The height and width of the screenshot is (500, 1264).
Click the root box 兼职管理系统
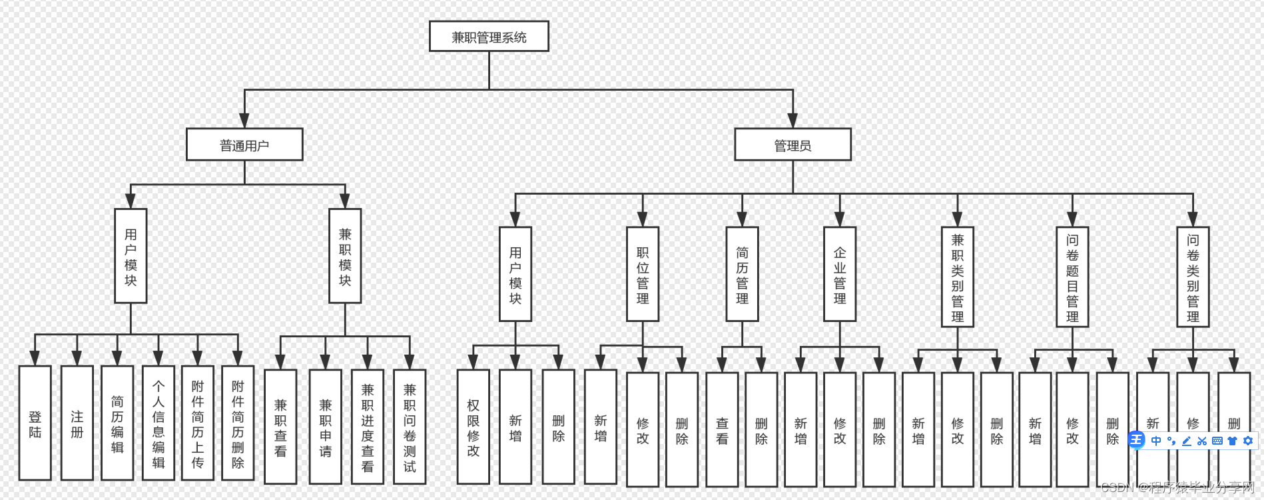tap(489, 37)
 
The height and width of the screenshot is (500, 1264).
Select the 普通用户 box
tap(244, 145)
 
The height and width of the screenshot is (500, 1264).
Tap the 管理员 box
tap(792, 145)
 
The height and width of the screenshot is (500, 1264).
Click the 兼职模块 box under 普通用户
tap(345, 257)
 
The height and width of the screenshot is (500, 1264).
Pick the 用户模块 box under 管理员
tap(515, 275)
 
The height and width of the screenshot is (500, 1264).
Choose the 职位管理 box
tap(643, 275)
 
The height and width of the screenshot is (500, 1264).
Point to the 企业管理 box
tap(840, 275)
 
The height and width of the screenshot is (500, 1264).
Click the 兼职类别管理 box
tap(958, 277)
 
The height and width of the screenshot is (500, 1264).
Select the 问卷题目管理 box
tap(1072, 277)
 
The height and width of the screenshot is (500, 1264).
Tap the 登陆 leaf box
tap(35, 423)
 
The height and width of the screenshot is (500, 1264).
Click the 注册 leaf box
tap(77, 423)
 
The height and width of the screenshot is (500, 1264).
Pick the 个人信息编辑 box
tap(158, 423)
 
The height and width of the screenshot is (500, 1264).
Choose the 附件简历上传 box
tap(198, 423)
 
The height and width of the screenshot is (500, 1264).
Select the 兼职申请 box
tap(326, 427)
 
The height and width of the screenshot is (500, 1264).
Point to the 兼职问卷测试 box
tap(410, 427)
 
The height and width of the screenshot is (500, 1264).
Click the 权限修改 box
tap(474, 427)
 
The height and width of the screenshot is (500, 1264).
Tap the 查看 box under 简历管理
tap(722, 430)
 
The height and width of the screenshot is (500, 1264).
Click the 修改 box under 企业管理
tap(840, 430)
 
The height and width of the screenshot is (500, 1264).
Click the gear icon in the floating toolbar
tap(1248, 441)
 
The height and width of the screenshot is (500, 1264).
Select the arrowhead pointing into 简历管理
tap(742, 219)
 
